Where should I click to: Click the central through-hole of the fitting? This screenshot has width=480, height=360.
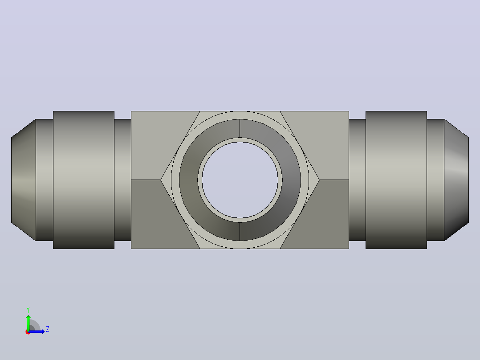tap(240, 180)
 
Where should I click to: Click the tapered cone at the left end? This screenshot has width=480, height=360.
tap(24, 180)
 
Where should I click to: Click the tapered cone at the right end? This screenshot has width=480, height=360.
tap(456, 180)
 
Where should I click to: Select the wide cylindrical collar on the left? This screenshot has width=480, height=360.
tap(84, 180)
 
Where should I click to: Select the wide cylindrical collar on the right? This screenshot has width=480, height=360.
tap(396, 180)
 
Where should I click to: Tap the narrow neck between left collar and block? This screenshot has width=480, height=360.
tap(123, 180)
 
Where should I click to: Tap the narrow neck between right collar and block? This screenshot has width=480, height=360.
tap(357, 180)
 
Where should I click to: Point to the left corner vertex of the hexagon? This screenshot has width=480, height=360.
tap(161, 180)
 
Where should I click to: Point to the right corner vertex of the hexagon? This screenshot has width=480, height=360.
tap(319, 180)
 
